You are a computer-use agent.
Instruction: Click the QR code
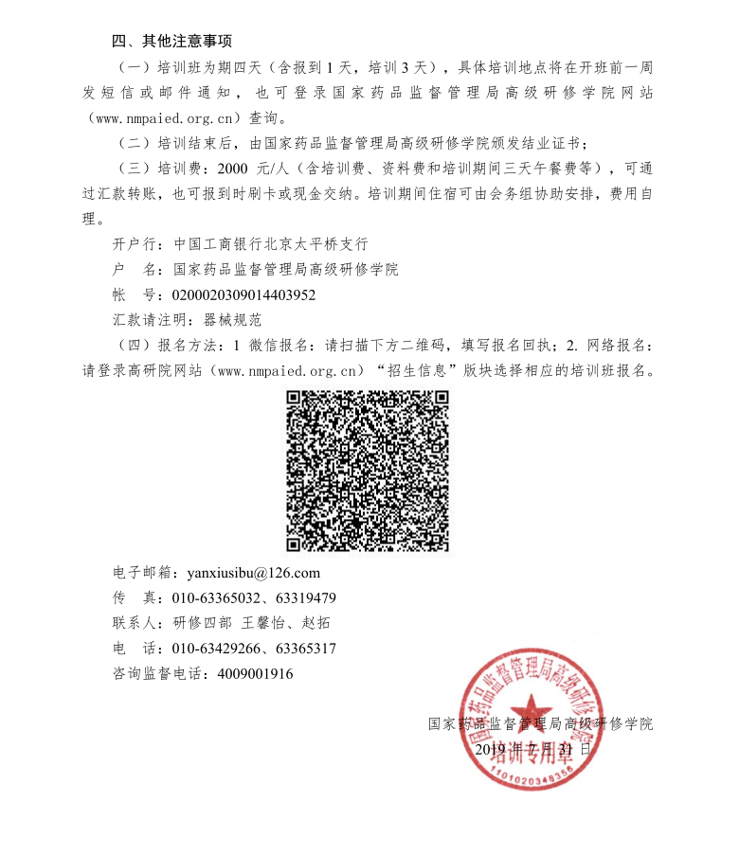(368, 471)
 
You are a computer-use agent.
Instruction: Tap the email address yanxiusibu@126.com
(254, 573)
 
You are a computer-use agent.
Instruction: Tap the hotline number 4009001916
(255, 674)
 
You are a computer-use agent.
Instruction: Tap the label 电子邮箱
(140, 573)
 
